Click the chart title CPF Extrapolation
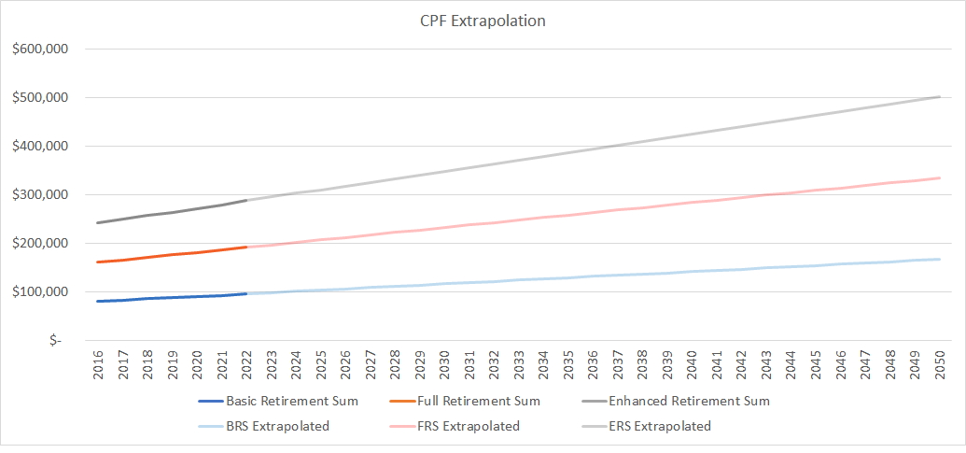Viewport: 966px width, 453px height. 483,20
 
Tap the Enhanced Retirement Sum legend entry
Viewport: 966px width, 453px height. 689,402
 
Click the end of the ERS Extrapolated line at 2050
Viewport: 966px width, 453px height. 939,96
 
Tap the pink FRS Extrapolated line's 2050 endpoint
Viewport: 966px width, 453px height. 939,177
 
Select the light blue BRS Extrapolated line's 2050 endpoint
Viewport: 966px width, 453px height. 939,259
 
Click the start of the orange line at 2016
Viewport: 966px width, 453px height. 99,262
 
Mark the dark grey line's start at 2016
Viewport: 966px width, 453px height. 99,222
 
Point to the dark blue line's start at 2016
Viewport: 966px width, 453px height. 99,301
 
